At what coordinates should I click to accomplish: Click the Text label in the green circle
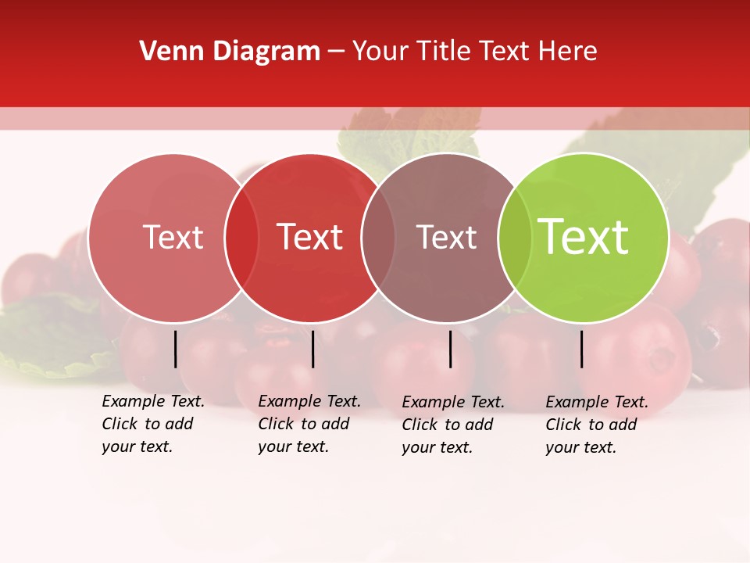tap(583, 237)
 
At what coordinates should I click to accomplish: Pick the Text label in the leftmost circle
tap(173, 238)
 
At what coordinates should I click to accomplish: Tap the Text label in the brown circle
tap(446, 238)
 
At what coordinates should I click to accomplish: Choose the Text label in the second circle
tap(310, 238)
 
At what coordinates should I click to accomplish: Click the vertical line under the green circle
tap(582, 349)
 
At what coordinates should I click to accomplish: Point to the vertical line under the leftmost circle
tap(176, 349)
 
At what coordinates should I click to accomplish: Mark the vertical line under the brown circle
tap(451, 349)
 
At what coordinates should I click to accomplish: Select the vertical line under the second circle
tap(312, 349)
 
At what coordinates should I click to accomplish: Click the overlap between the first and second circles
tap(241, 238)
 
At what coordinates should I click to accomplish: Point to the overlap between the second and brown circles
tap(378, 238)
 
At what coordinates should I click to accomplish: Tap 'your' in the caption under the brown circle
tap(418, 448)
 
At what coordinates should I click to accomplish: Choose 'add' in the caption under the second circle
tap(335, 425)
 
